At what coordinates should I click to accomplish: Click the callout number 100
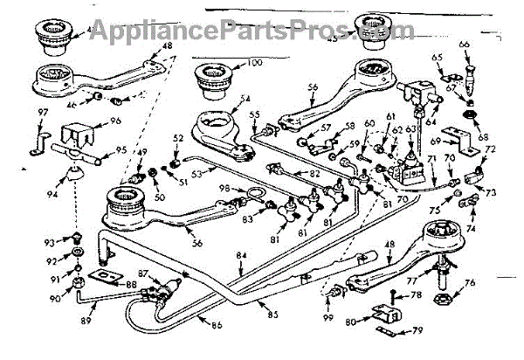[x=253, y=63]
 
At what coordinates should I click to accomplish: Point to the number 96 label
[x=114, y=121]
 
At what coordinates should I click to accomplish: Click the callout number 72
[x=490, y=151]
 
